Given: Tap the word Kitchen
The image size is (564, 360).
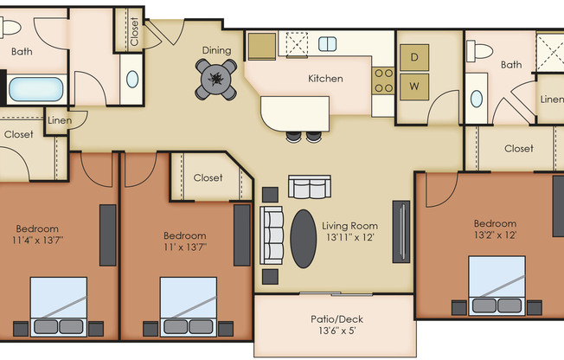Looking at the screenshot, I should pos(325,79).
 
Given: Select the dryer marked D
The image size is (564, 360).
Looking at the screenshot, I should pos(414,58).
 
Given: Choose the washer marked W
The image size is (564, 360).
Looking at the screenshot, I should pos(414,86).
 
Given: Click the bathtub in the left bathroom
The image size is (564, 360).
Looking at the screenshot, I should pos(35,89).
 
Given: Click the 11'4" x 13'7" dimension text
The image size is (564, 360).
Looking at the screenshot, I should pos(38,239).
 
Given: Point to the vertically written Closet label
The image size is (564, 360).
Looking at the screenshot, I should pos(134,31).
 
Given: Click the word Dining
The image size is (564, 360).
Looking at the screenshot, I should pos(216,50).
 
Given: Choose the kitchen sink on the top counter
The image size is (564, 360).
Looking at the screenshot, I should pos(328,43).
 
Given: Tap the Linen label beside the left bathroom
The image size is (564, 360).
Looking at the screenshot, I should pos(59,120).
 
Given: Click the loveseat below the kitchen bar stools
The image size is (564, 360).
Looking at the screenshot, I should pos(310,187).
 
